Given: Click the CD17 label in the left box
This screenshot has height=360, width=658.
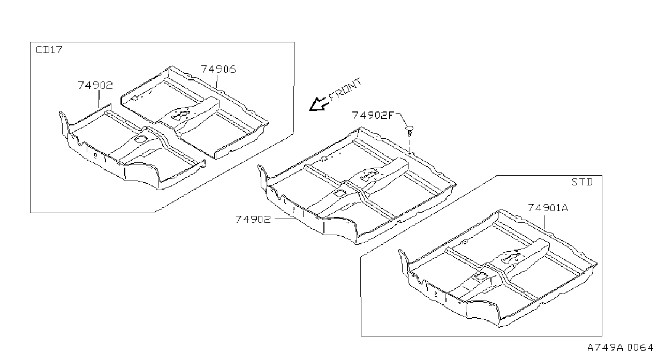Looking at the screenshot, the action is (49, 50).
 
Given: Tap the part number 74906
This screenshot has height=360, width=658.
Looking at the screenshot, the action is (218, 69).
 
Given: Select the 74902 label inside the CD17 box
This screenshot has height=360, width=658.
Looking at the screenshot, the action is (95, 85).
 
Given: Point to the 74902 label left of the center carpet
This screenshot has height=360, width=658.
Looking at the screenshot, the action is (253, 220).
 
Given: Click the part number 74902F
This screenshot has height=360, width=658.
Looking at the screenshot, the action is (373, 115).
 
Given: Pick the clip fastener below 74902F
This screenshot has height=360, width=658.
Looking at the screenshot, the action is (410, 131).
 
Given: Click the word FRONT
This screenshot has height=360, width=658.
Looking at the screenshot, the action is (345, 89).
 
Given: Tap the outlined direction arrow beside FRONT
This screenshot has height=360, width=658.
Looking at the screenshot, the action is (319, 104).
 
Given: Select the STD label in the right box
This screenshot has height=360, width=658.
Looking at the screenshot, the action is (582, 182).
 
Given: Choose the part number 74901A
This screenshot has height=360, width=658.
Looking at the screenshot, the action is (548, 208).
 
